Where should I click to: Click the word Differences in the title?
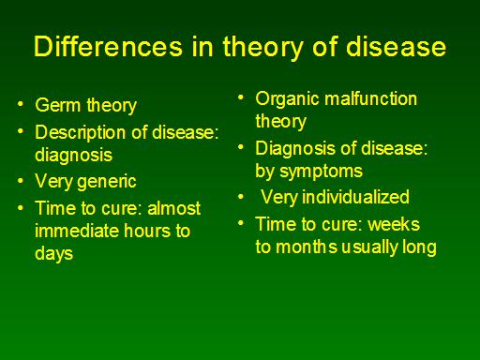tap(108, 47)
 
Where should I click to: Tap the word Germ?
tap(58, 105)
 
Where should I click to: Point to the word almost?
tap(173, 208)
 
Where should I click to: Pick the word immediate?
tap(77, 231)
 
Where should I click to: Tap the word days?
tap(54, 254)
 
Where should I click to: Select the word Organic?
tap(288, 99)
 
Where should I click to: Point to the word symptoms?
tap(322, 172)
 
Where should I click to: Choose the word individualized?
tap(355, 197)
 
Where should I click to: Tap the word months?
tap(307, 247)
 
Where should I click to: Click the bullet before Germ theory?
tap(21, 104)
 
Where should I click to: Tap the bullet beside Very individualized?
tap(241, 197)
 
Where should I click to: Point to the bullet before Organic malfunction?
tap(241, 97)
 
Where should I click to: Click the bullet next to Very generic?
tap(21, 181)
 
